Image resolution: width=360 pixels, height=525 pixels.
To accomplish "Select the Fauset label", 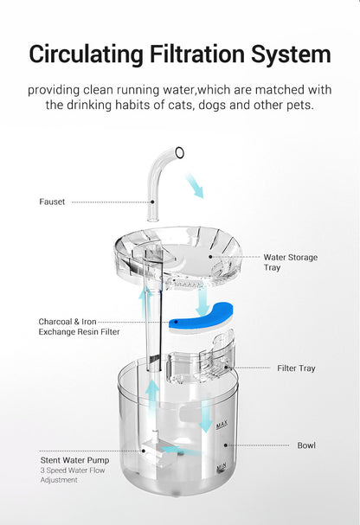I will tap(52, 202).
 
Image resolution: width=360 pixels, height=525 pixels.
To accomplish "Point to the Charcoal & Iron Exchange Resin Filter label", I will tap(79, 326).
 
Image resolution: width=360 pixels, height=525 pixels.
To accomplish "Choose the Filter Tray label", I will tap(296, 368).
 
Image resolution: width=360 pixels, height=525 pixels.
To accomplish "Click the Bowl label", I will tap(306, 445).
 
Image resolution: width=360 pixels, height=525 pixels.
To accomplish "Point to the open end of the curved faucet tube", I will tap(179, 153).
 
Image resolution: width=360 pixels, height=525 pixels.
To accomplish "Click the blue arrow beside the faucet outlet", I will tap(195, 183).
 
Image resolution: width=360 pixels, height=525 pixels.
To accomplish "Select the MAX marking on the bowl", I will tap(222, 424).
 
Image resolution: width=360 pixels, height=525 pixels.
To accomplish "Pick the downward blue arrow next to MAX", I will tap(206, 417).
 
